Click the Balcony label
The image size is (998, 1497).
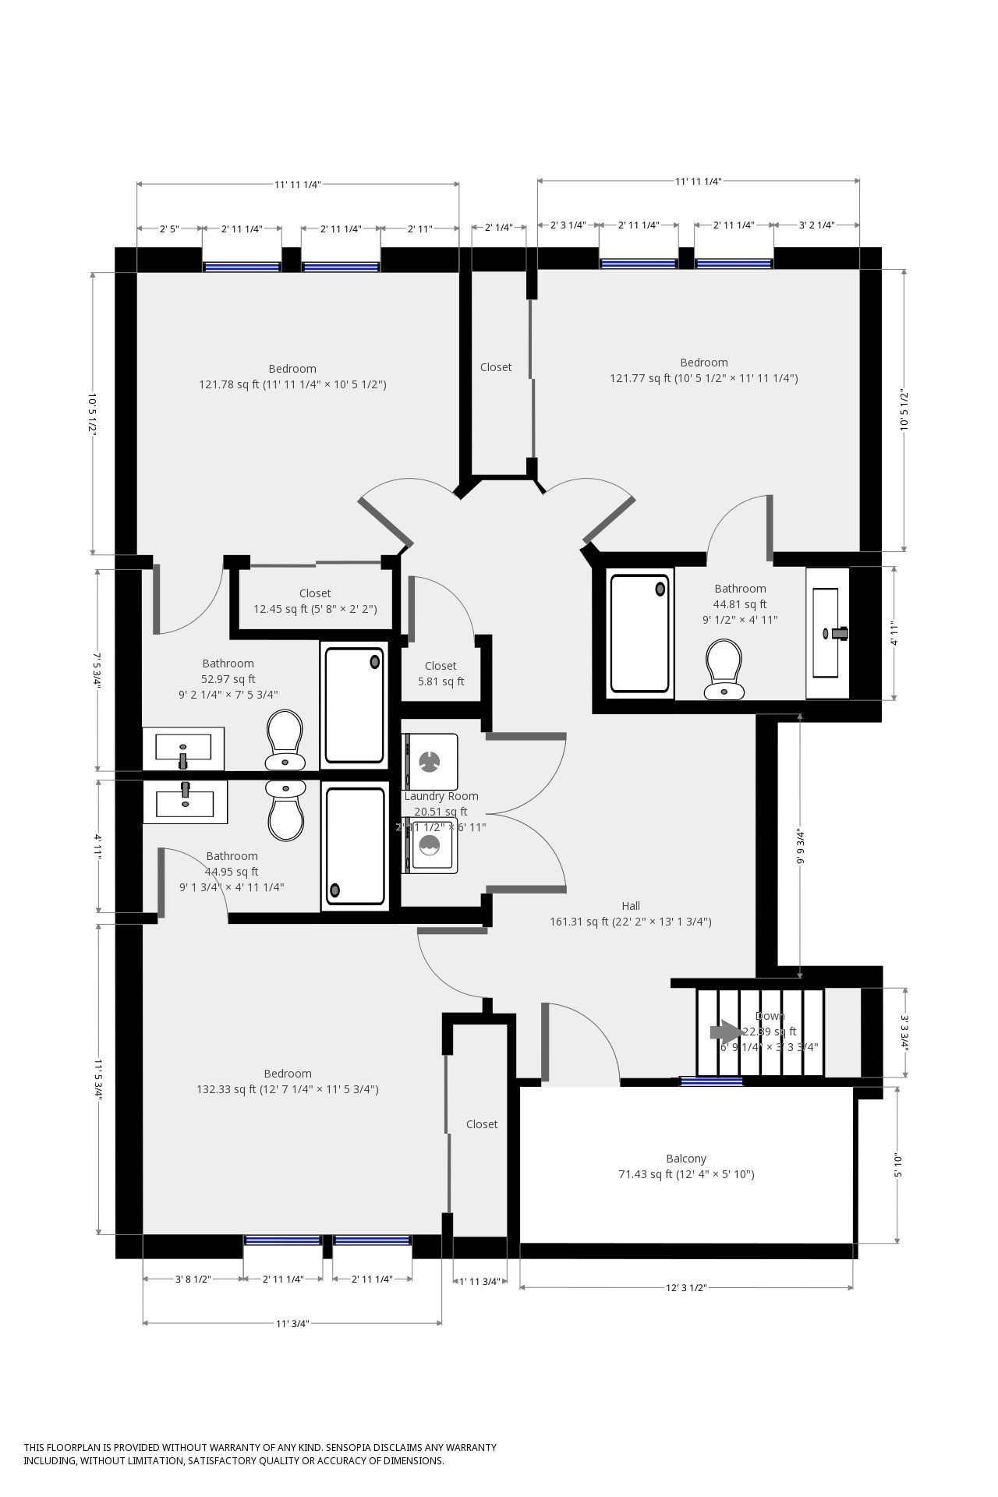686,1159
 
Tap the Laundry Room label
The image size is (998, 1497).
441,796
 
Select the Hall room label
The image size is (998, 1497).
631,906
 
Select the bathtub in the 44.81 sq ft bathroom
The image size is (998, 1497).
640,633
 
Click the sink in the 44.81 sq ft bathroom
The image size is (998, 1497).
827,633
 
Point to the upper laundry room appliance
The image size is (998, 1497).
430,761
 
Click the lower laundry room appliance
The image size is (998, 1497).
430,844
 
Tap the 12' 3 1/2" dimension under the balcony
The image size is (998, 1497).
686,1288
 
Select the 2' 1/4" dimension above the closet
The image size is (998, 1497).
498,228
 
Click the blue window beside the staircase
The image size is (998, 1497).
711,1081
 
